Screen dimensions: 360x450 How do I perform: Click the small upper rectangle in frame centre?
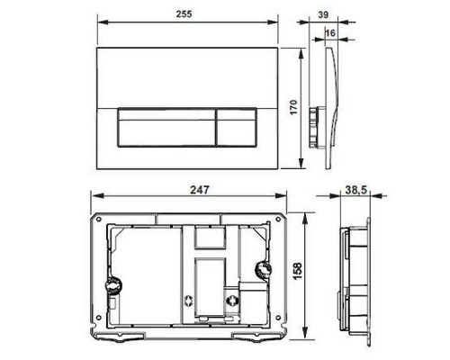(x=209, y=236)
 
